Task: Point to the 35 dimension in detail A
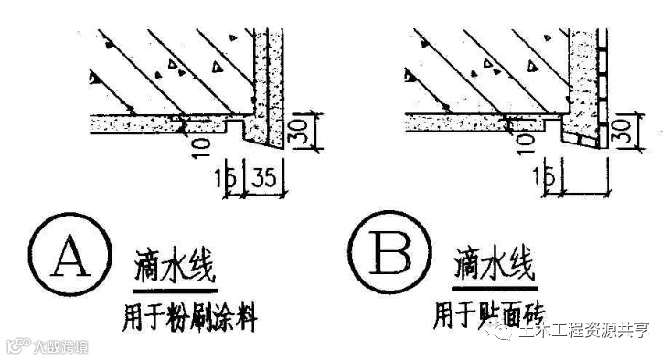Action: click(266, 176)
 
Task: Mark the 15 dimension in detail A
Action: click(232, 176)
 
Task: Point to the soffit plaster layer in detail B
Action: click(457, 119)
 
